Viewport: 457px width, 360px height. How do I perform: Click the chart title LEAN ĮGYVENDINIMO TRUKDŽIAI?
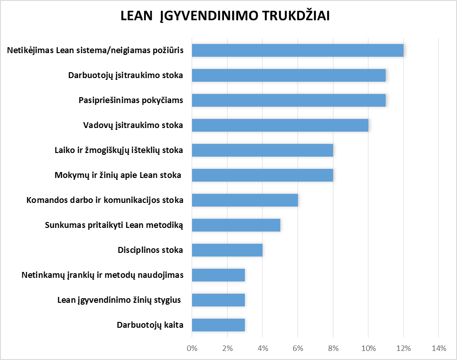[x=225, y=16]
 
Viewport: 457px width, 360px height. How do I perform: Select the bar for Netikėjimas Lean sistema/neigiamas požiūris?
[x=298, y=50]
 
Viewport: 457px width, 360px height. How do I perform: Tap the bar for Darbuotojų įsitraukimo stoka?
[x=289, y=75]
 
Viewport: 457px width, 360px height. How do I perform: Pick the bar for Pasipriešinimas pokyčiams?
[x=289, y=100]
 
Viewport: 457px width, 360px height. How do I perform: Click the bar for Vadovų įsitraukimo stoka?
[x=280, y=125]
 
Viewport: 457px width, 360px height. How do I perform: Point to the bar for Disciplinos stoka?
[x=227, y=250]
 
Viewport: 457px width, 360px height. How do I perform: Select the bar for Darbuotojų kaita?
[x=219, y=325]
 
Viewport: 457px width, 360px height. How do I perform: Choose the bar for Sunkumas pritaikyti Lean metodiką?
[x=236, y=225]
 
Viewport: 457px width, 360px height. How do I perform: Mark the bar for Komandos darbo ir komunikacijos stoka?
[x=245, y=200]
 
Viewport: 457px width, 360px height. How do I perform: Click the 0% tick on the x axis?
[x=192, y=349]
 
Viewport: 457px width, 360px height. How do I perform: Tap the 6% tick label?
[x=298, y=349]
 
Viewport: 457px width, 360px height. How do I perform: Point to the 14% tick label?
[x=438, y=349]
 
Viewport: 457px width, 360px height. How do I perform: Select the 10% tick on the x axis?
[x=368, y=349]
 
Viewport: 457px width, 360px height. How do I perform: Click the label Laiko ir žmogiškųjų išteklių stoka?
[x=119, y=150]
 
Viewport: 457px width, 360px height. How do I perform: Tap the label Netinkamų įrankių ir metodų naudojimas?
[x=103, y=275]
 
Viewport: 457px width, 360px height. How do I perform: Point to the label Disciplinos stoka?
[x=150, y=250]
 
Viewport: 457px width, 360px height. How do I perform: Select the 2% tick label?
[x=227, y=349]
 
